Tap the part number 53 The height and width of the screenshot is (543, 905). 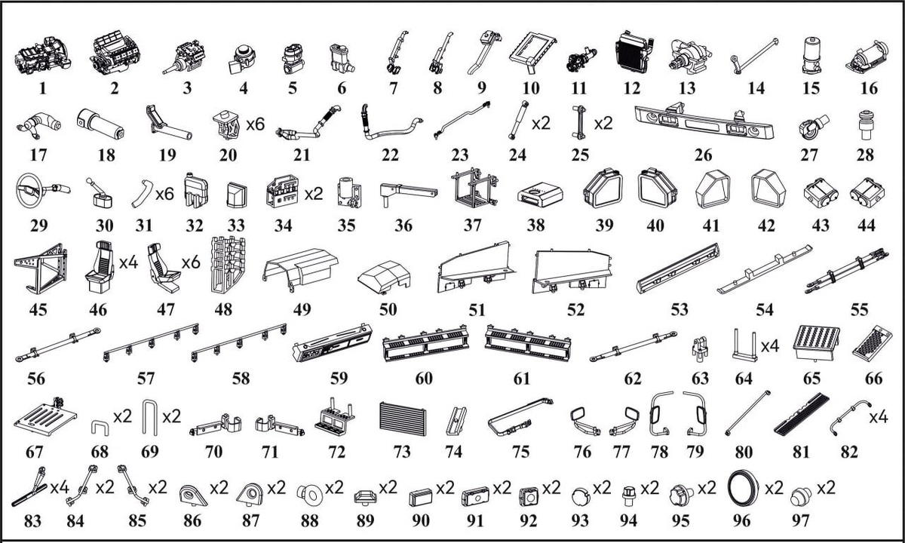point(680,310)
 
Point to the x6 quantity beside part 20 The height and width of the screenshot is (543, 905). point(255,124)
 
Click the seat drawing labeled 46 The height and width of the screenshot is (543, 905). point(100,267)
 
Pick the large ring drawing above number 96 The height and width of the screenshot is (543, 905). point(743,488)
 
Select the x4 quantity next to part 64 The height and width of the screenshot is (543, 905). point(770,346)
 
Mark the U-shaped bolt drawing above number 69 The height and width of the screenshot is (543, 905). point(149,417)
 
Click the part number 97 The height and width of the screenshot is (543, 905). point(800,520)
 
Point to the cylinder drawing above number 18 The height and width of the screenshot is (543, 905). point(100,125)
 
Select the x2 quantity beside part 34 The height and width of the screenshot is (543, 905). point(314,195)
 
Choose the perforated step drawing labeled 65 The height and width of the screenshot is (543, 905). point(818,342)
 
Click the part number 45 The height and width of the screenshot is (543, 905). point(38,310)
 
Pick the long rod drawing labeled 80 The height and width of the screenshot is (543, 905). point(747,413)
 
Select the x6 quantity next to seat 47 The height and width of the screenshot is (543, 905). point(191,263)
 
